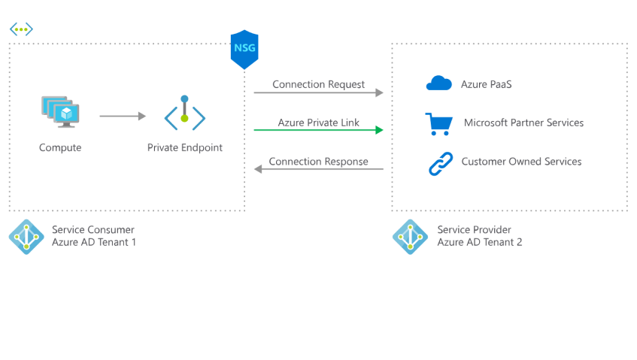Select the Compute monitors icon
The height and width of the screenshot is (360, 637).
pyautogui.click(x=60, y=113)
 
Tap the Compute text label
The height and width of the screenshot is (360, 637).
pyautogui.click(x=60, y=148)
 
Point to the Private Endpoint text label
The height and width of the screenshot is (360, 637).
pyautogui.click(x=184, y=148)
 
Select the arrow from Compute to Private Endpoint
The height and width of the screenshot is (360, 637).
pyautogui.click(x=123, y=116)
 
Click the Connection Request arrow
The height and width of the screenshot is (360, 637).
pyautogui.click(x=318, y=93)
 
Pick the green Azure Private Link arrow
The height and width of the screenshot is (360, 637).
pyautogui.click(x=318, y=130)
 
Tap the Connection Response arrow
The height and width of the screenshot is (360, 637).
pyautogui.click(x=318, y=169)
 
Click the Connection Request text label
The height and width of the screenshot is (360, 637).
pyautogui.click(x=318, y=84)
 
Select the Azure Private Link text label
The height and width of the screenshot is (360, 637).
pyautogui.click(x=318, y=122)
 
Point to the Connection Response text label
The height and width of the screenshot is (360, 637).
pyautogui.click(x=318, y=161)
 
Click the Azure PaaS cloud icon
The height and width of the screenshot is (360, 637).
pyautogui.click(x=438, y=83)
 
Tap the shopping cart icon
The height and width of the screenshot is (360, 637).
pyautogui.click(x=438, y=123)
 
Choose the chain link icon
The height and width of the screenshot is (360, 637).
pyautogui.click(x=439, y=162)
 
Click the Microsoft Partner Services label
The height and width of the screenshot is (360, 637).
pyautogui.click(x=523, y=123)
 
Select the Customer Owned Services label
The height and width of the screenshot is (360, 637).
pyautogui.click(x=520, y=161)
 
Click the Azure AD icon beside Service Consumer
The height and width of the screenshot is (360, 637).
pyautogui.click(x=26, y=237)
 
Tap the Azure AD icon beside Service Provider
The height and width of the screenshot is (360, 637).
pyautogui.click(x=410, y=237)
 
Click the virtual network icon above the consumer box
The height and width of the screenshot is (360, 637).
pyautogui.click(x=20, y=29)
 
